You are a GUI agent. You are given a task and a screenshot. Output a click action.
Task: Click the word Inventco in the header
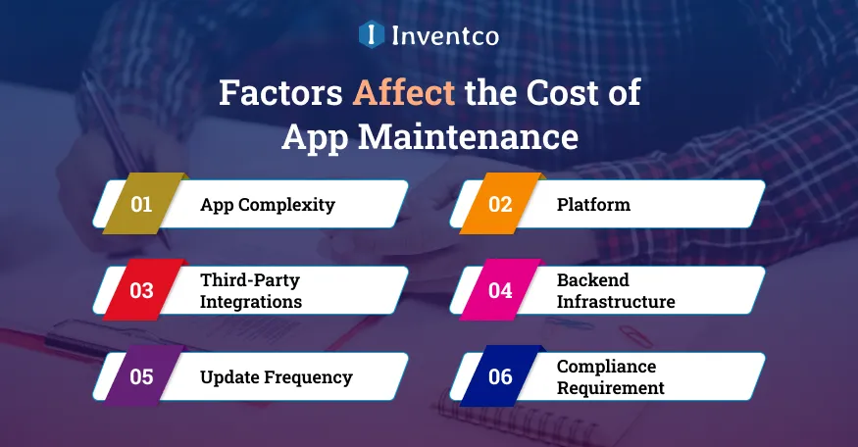point(445,37)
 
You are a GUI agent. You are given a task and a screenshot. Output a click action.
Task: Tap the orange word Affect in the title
point(405,93)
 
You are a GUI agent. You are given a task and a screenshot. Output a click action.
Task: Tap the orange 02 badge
point(500,205)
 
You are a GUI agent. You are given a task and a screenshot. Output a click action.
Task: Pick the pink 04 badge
point(500,290)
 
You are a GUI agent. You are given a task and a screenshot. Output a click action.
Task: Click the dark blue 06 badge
point(500,376)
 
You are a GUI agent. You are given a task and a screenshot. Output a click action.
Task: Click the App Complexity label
point(267,205)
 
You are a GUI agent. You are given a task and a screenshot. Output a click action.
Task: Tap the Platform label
point(593,205)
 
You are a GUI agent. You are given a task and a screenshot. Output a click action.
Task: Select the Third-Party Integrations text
point(251,290)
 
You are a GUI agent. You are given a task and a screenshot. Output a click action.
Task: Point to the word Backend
point(592,280)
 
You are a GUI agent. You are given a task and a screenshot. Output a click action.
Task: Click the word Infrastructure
point(616,302)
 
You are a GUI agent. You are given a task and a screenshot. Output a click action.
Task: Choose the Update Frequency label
point(276,376)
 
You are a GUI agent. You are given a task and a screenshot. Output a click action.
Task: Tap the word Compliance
point(606,367)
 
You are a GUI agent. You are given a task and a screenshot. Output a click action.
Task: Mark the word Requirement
point(610,388)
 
